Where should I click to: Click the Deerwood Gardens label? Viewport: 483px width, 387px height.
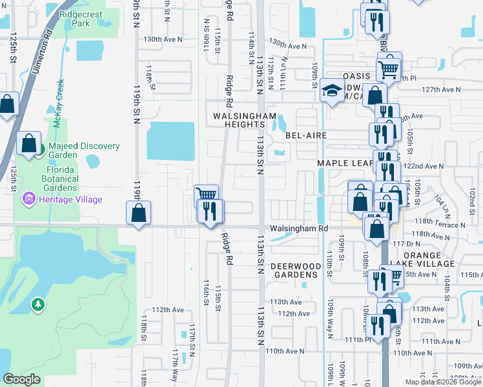click(x=295, y=270)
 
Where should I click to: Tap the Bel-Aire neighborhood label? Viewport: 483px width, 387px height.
click(x=306, y=136)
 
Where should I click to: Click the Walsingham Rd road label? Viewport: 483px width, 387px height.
click(x=299, y=228)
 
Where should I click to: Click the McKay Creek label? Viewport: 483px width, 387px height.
click(x=59, y=104)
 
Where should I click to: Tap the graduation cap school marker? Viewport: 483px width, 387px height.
click(x=331, y=90)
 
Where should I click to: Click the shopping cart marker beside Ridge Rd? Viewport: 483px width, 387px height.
click(x=206, y=195)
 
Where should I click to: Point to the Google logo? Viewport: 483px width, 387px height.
click(x=21, y=379)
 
